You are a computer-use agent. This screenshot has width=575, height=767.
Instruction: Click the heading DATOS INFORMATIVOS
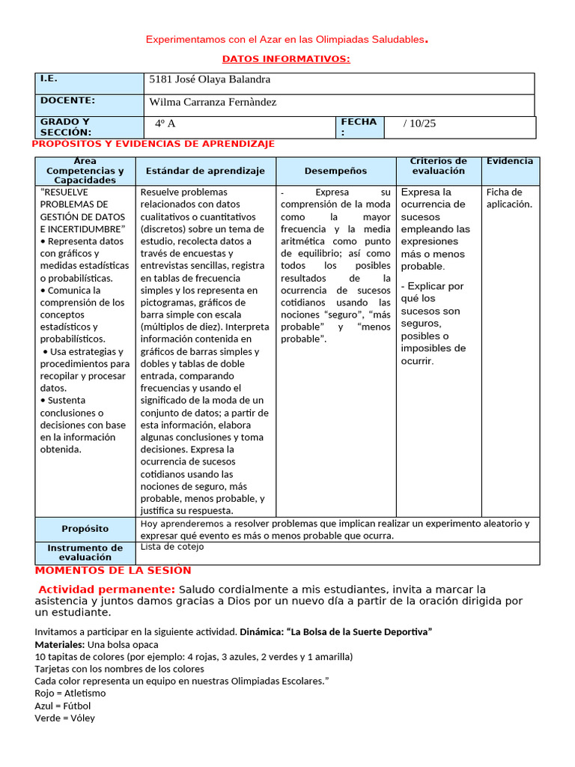point(286,59)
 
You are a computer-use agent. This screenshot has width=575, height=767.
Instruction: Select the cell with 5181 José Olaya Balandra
point(210,79)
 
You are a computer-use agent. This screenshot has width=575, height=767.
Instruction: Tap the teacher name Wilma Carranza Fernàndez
point(213,102)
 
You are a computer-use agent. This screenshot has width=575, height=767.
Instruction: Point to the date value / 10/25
point(419,124)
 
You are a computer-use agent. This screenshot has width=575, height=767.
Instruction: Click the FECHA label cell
point(359,127)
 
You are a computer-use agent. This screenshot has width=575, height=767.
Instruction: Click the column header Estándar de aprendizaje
point(205,171)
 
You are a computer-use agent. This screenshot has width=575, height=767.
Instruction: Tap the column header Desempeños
point(335,171)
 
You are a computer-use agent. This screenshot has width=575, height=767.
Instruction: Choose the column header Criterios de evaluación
point(438,166)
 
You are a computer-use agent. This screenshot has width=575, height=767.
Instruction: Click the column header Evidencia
point(510,161)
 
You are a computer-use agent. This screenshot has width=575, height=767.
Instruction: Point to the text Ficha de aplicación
point(509,198)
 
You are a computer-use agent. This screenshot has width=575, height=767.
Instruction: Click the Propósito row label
point(85,529)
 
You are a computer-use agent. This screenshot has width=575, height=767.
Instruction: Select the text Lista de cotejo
point(171,547)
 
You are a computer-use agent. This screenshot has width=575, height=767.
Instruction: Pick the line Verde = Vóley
point(64,718)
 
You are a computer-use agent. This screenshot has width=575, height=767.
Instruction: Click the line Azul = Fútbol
point(62,706)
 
